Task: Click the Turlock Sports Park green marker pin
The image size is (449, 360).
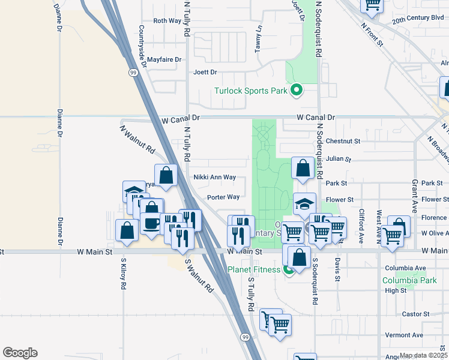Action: coord(296,91)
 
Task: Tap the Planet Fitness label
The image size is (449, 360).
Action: coord(254,269)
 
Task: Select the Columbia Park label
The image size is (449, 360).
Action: coord(411,280)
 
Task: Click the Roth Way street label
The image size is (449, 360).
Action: coord(167,20)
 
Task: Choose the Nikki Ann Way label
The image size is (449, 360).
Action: coord(214,178)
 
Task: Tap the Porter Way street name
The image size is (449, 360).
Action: coord(223,197)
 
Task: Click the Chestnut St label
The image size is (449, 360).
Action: coord(343,141)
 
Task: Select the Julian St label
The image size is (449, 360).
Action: coord(339,160)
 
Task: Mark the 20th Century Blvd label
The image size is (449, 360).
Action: coord(418,19)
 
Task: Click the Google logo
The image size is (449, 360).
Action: coord(20,353)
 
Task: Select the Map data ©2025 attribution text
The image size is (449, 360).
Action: coord(423,355)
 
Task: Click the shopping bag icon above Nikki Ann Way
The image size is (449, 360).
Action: coord(166,175)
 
